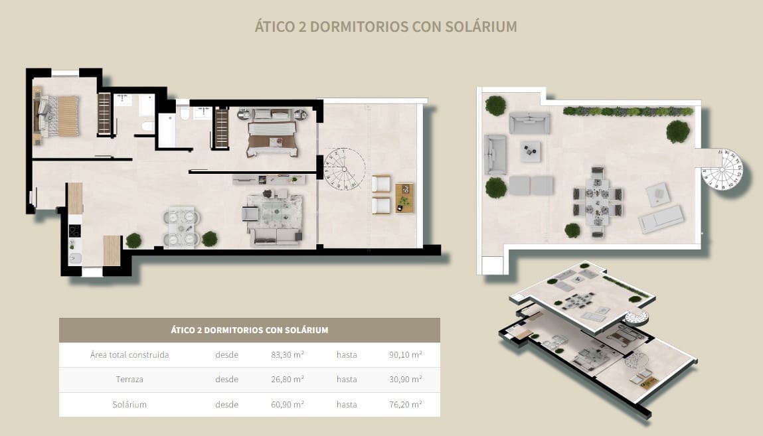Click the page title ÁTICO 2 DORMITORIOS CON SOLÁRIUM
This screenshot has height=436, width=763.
(386, 27)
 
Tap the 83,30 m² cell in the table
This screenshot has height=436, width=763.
(288, 354)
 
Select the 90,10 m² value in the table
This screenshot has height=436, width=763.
(405, 354)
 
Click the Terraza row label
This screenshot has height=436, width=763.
(129, 380)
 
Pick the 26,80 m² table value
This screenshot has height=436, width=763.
(288, 380)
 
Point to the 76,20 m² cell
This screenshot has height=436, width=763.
(405, 404)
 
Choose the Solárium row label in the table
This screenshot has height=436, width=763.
(129, 404)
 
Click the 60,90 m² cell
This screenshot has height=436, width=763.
(288, 404)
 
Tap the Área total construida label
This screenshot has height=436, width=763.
(129, 354)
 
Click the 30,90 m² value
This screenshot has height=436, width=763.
(405, 380)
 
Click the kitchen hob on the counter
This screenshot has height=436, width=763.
(75, 231)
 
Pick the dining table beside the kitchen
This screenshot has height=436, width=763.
(181, 226)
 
